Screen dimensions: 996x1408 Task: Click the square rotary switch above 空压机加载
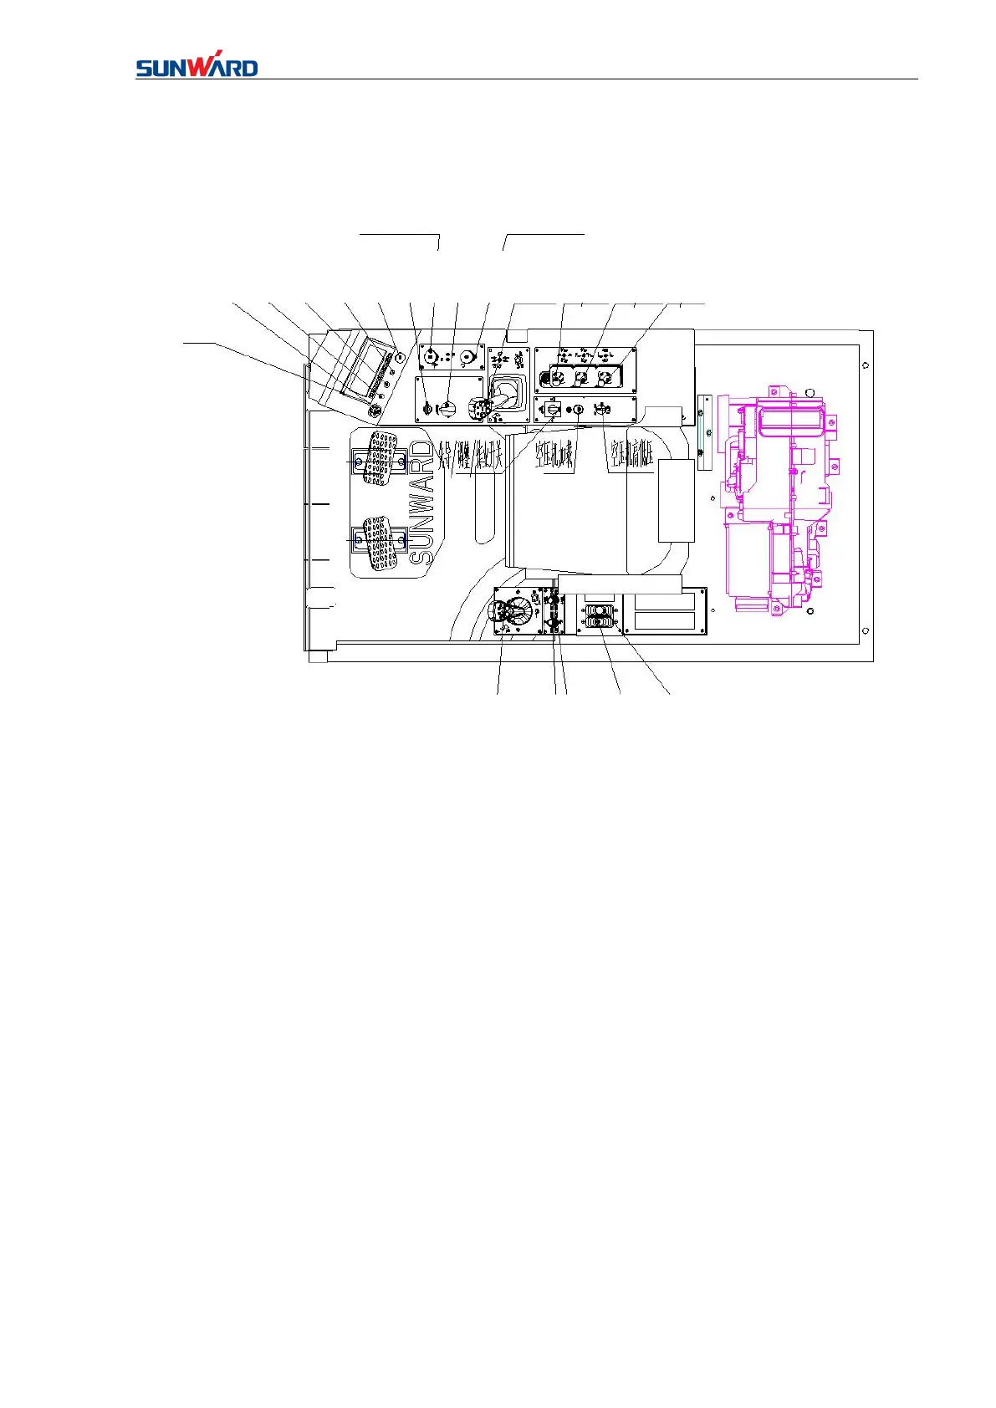coord(553,409)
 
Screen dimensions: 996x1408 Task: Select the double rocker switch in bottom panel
coord(599,617)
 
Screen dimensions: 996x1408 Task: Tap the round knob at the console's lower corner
coord(375,411)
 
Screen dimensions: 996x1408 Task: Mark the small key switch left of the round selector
coord(425,409)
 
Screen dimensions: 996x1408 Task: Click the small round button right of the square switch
coord(576,409)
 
